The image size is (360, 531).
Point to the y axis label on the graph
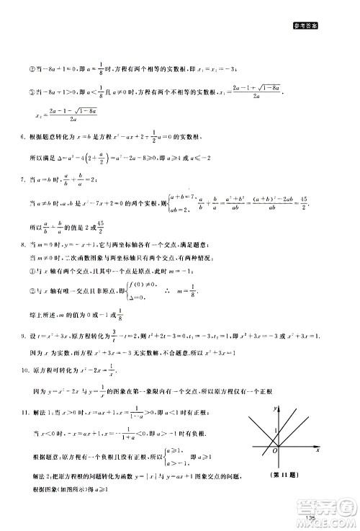(275, 409)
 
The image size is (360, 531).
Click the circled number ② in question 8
(32, 290)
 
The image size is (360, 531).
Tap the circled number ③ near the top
(32, 92)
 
